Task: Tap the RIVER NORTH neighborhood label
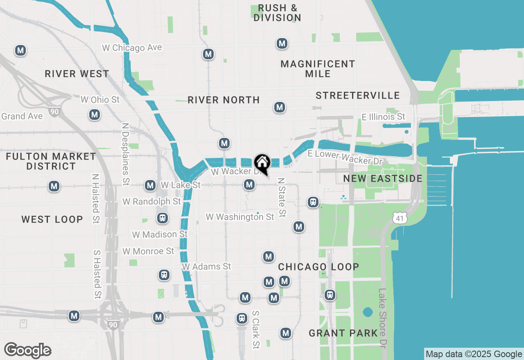(x=224, y=100)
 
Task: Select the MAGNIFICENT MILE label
(x=318, y=69)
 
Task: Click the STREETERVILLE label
(x=358, y=95)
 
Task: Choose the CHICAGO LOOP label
(x=318, y=267)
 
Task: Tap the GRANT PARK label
(x=343, y=333)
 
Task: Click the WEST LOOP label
(x=52, y=219)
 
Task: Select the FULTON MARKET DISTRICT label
(x=51, y=161)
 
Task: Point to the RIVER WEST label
(x=77, y=74)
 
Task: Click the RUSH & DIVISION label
(x=277, y=13)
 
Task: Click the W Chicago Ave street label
(x=132, y=48)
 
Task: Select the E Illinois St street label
(x=383, y=117)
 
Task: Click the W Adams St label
(x=206, y=267)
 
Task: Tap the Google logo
(x=27, y=351)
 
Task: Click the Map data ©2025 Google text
(x=474, y=354)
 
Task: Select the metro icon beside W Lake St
(x=150, y=186)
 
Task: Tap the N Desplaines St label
(x=126, y=153)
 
